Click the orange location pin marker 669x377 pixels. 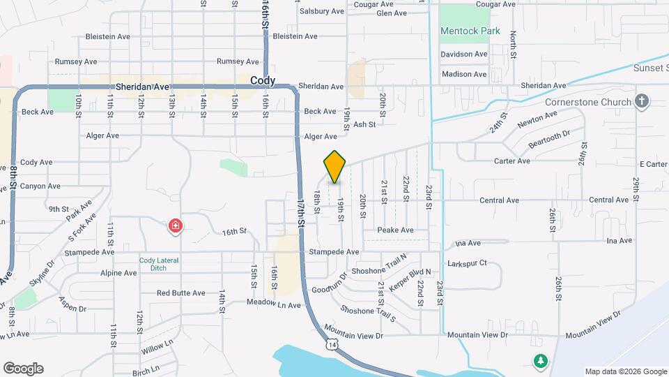[335, 167]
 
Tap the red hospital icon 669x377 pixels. [175, 226]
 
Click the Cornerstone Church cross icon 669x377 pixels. [643, 102]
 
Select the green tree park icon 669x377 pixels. [540, 361]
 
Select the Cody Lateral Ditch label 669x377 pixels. [158, 265]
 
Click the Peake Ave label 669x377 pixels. [395, 230]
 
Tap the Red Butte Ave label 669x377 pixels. [180, 293]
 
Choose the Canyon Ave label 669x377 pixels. [40, 186]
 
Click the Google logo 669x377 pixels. [23, 369]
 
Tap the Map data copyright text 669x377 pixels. [624, 371]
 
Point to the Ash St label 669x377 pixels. [364, 124]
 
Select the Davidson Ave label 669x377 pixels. [463, 54]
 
